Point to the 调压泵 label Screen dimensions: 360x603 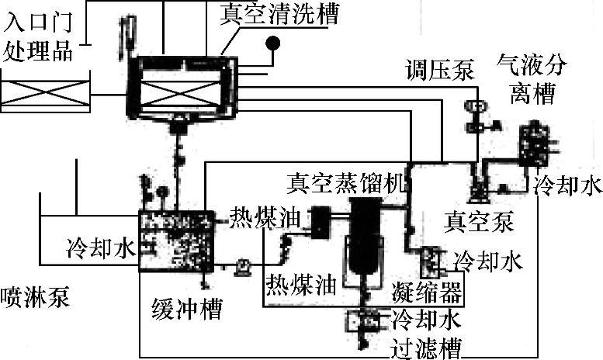[438, 70]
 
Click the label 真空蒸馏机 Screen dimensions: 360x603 [346, 185]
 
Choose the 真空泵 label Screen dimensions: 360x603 [479, 223]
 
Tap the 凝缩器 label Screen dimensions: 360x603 [427, 293]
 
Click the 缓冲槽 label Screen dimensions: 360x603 [186, 310]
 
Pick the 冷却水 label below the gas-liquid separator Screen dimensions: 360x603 [568, 186]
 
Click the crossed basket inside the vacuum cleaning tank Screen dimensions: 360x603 [181, 92]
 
